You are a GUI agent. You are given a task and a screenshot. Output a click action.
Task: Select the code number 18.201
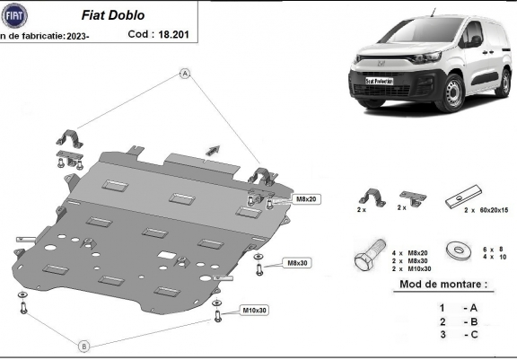(173, 35)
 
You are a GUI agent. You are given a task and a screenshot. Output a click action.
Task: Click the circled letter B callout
(83, 346)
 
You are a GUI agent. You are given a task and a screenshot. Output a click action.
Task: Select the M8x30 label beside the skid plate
(297, 263)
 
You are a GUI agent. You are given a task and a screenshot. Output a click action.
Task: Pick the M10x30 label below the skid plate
(253, 311)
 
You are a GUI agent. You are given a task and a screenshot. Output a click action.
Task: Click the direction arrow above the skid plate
(212, 147)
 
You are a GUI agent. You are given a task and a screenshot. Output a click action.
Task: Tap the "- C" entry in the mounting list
(469, 336)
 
